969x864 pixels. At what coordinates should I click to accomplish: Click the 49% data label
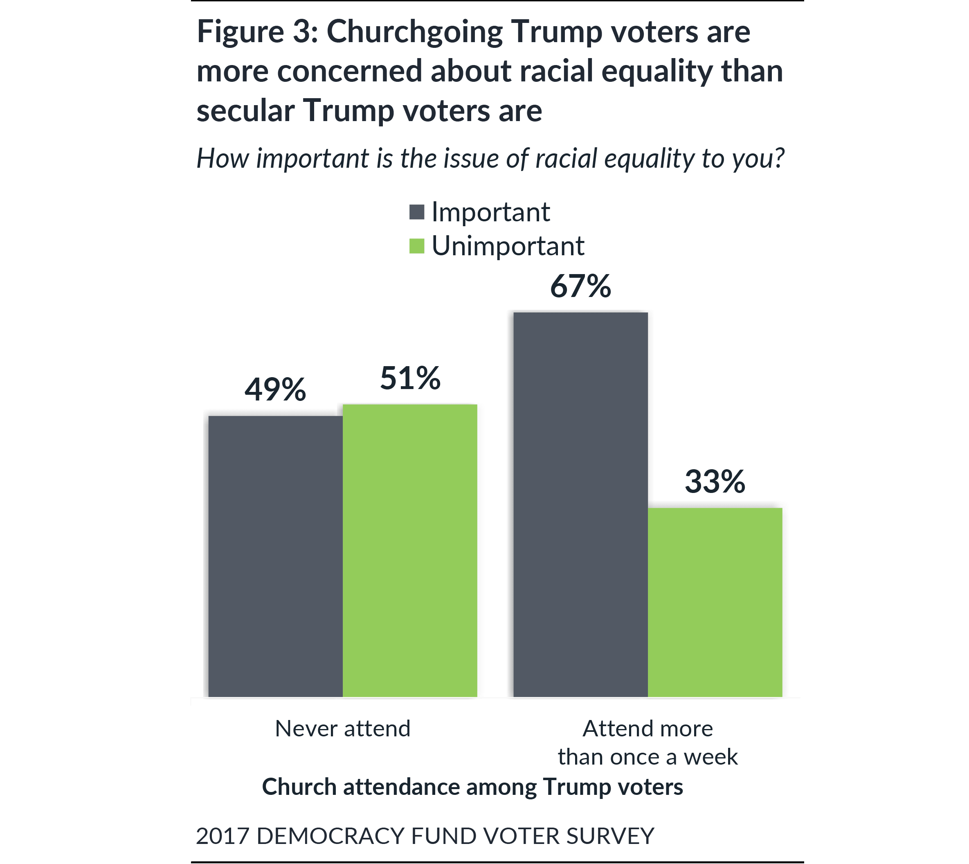pyautogui.click(x=275, y=390)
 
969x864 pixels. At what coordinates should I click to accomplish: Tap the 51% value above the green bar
pyautogui.click(x=410, y=378)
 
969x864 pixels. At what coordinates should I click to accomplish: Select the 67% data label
pyautogui.click(x=580, y=287)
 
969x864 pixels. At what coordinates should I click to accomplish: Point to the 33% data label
pyautogui.click(x=715, y=482)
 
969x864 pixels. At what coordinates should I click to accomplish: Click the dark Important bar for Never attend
pyautogui.click(x=275, y=556)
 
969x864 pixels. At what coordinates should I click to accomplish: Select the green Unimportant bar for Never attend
pyautogui.click(x=410, y=550)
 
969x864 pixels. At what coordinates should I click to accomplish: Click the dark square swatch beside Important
pyautogui.click(x=417, y=212)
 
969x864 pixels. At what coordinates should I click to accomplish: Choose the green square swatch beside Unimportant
pyautogui.click(x=417, y=246)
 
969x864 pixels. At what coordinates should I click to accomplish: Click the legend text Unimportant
pyautogui.click(x=508, y=246)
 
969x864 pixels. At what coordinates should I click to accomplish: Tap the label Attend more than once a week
pyautogui.click(x=648, y=742)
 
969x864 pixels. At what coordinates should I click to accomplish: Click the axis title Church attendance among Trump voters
pyautogui.click(x=472, y=787)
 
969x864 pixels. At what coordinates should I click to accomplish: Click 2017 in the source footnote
pyautogui.click(x=223, y=835)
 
